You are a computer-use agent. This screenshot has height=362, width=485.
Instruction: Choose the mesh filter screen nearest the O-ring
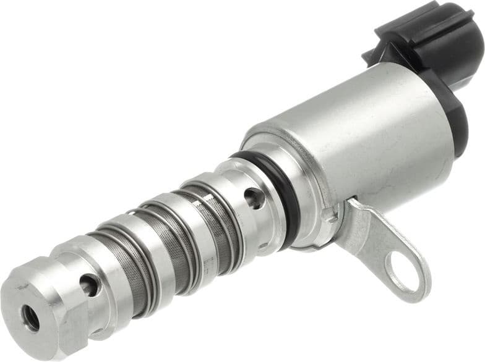point(213,204)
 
